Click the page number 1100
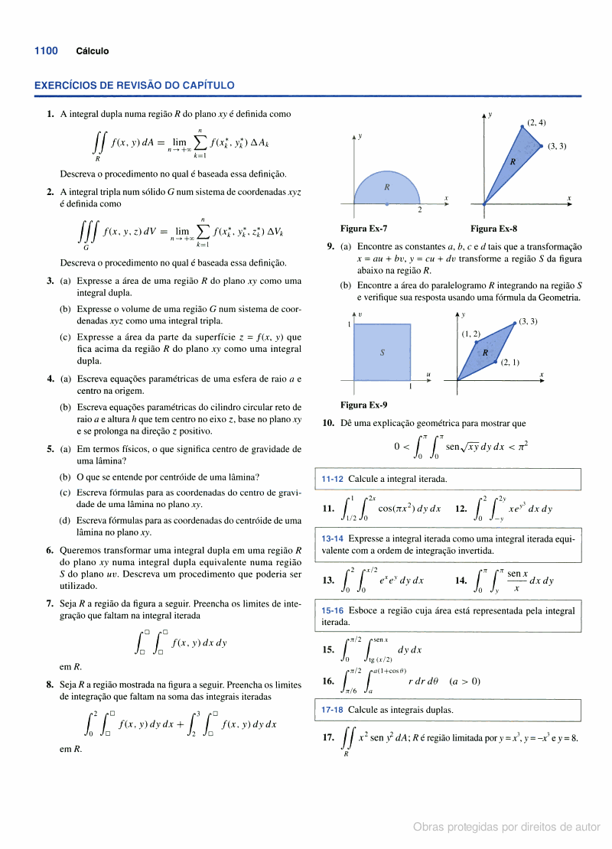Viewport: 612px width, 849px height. pyautogui.click(x=46, y=51)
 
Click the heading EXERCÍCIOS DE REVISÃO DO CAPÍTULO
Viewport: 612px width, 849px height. pyautogui.click(x=135, y=86)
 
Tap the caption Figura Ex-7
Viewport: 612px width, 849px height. pyautogui.click(x=363, y=228)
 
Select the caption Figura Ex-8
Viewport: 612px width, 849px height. pyautogui.click(x=493, y=228)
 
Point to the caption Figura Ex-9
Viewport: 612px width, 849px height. pyautogui.click(x=363, y=405)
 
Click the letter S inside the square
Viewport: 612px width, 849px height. pyautogui.click(x=382, y=353)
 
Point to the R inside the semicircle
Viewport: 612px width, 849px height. pyautogui.click(x=387, y=187)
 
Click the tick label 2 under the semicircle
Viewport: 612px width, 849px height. pyautogui.click(x=419, y=210)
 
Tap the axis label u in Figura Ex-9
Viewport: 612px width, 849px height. pyautogui.click(x=428, y=374)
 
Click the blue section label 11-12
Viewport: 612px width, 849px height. pyautogui.click(x=332, y=480)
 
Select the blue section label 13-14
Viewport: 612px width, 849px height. pyautogui.click(x=332, y=539)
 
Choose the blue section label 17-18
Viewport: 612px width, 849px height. pyautogui.click(x=332, y=710)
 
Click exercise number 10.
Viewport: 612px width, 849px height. pyautogui.click(x=327, y=423)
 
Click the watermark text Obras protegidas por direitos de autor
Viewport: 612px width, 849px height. pyautogui.click(x=506, y=827)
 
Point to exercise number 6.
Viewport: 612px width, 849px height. pyautogui.click(x=50, y=550)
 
